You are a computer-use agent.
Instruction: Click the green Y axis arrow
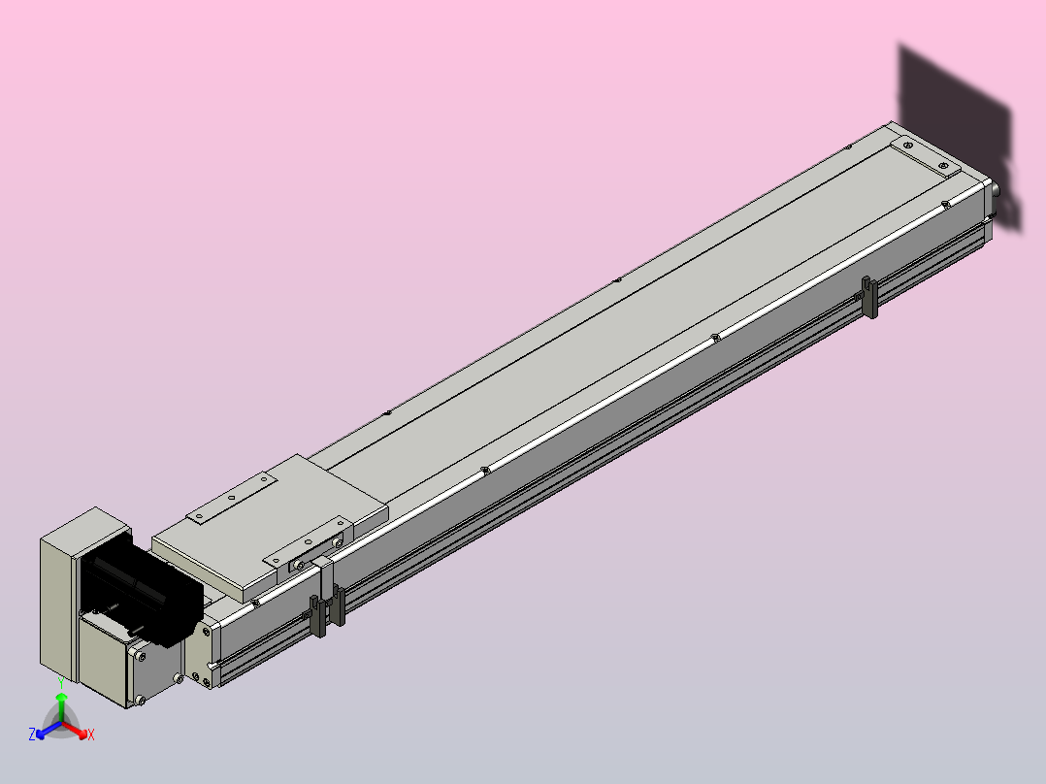pos(61,708)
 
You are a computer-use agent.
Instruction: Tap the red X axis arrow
pos(75,730)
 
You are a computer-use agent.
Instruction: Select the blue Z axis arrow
pos(49,730)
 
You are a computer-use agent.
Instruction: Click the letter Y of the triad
pos(61,683)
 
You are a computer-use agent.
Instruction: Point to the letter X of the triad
pos(91,735)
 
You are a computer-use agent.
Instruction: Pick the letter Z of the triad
pos(31,734)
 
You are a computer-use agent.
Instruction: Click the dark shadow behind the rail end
pos(958,127)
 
